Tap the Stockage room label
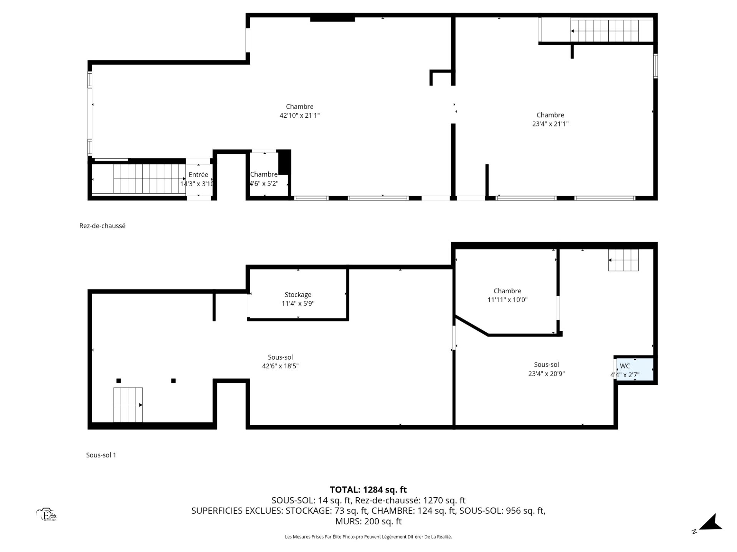pos(298,295)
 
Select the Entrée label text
pos(198,175)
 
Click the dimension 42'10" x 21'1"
pos(299,115)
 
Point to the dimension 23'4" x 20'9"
pos(546,374)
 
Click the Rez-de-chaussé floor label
pos(102,226)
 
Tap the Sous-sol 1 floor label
pos(101,455)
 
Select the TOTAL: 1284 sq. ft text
pos(368,490)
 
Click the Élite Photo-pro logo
pos(47,515)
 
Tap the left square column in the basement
pos(119,381)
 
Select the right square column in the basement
pos(174,381)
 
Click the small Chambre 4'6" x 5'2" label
pos(264,179)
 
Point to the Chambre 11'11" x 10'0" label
pos(507,296)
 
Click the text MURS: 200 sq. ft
pos(368,521)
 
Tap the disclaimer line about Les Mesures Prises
pos(368,537)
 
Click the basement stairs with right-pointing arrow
pos(128,405)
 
